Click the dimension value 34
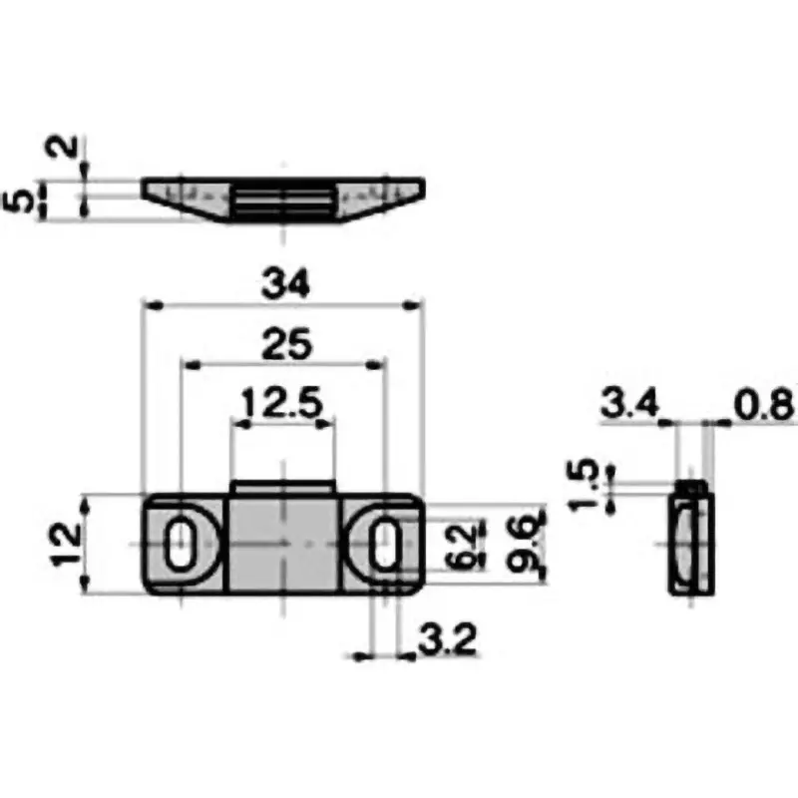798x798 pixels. (x=285, y=284)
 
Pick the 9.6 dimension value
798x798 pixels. (x=525, y=545)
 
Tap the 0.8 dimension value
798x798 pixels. (x=763, y=405)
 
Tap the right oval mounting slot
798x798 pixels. (x=384, y=545)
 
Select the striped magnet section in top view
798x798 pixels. (x=285, y=199)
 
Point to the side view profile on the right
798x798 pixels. (x=690, y=539)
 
